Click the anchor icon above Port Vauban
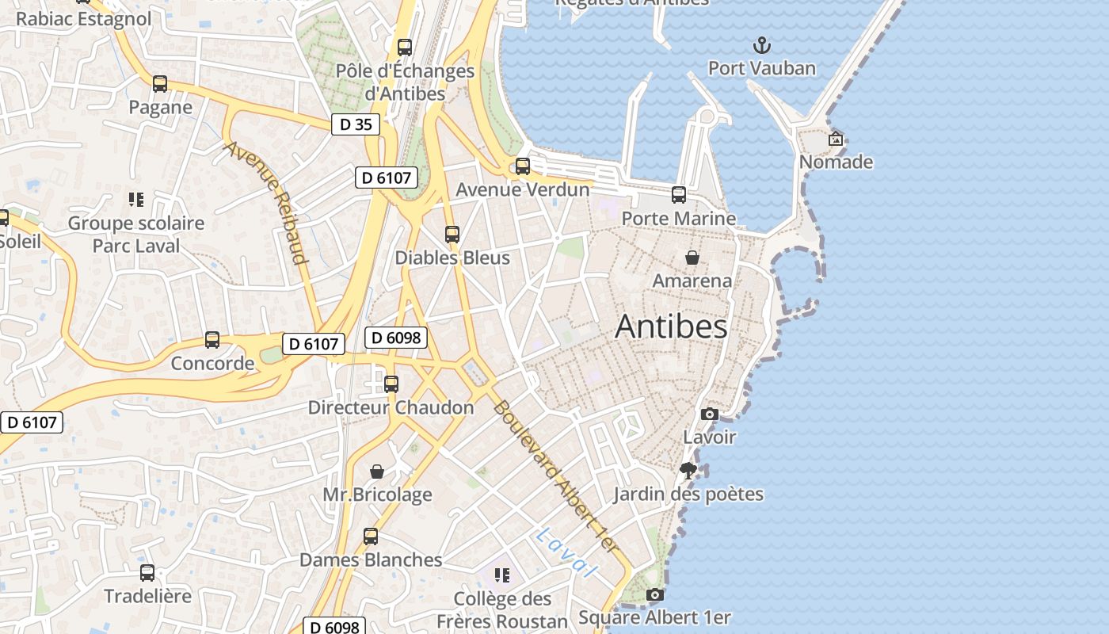click(761, 44)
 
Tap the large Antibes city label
click(671, 326)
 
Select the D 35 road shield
click(356, 124)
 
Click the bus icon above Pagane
click(160, 84)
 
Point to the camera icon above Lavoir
click(710, 414)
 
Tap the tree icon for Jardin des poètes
click(688, 471)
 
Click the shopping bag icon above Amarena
click(692, 258)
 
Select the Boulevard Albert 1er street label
click(554, 476)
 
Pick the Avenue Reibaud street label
click(265, 202)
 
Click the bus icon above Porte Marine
click(679, 195)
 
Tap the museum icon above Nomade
click(836, 139)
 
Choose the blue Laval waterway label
click(565, 552)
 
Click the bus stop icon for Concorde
click(212, 340)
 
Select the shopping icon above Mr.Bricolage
click(377, 472)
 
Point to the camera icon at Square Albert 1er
click(654, 594)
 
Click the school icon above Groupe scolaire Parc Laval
click(135, 200)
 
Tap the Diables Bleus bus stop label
click(452, 258)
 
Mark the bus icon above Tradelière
click(147, 572)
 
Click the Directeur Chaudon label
click(391, 407)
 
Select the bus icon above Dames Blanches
click(371, 537)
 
